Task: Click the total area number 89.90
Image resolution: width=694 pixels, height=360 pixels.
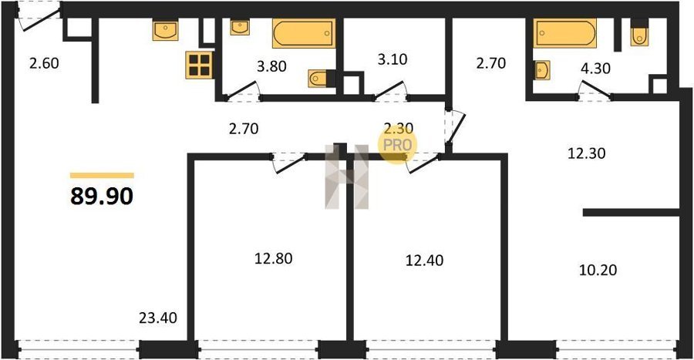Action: [x=102, y=197]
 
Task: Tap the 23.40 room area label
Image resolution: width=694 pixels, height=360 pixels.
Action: [x=158, y=318]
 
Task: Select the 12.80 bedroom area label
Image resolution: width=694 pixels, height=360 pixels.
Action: [x=273, y=258]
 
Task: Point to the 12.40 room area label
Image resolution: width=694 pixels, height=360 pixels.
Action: [x=424, y=260]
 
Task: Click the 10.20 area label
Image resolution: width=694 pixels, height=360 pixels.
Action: [x=598, y=269]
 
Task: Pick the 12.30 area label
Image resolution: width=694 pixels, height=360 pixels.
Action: [x=587, y=153]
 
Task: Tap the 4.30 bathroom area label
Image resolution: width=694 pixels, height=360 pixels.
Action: [x=596, y=68]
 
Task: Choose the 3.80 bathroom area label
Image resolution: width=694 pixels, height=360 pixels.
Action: [x=271, y=66]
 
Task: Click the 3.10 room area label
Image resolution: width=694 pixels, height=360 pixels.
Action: [x=392, y=59]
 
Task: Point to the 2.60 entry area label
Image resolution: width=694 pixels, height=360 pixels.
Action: [x=44, y=63]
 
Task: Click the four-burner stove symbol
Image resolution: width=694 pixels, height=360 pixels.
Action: [x=199, y=65]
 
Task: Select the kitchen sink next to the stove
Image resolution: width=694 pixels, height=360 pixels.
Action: [x=166, y=30]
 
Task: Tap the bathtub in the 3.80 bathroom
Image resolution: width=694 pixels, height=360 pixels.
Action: [x=304, y=33]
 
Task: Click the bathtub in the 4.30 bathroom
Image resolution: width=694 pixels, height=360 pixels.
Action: [x=564, y=33]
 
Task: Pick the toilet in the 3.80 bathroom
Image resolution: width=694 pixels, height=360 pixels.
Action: [x=318, y=79]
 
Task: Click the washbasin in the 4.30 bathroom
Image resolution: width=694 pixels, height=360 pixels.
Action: [x=542, y=70]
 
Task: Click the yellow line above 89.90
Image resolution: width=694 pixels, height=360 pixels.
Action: [x=102, y=176]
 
